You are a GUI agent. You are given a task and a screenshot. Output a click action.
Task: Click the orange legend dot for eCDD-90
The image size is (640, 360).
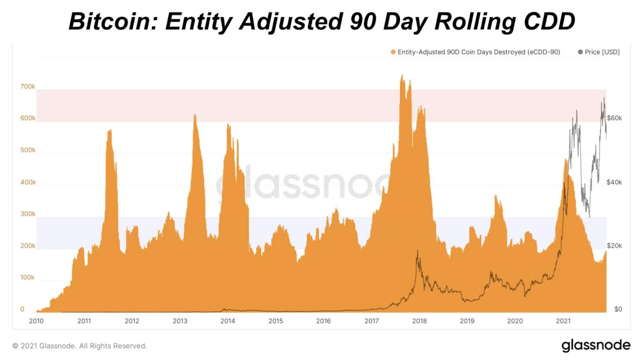(393, 52)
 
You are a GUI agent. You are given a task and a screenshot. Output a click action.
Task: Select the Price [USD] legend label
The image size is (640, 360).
(602, 52)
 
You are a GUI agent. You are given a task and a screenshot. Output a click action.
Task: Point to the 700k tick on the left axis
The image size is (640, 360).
(28, 87)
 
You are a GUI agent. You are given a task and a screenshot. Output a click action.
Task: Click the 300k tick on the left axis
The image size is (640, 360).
(28, 214)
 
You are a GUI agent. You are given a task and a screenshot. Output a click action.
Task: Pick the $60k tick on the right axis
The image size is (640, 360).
(614, 118)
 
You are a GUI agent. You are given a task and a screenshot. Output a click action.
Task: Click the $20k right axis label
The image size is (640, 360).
(614, 246)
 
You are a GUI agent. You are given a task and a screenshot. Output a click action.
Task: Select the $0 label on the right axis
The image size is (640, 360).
(618, 309)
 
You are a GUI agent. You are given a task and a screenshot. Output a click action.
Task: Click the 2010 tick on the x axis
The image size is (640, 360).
(36, 321)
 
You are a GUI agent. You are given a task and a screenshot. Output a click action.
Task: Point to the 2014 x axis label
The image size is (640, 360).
(228, 321)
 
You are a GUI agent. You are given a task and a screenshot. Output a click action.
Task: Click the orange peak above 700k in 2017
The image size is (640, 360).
(402, 76)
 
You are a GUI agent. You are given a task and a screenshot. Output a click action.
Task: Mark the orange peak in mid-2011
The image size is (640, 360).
(110, 131)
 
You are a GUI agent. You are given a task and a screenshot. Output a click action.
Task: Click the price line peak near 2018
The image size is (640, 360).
(417, 251)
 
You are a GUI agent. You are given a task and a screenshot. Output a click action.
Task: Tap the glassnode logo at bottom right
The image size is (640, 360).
(596, 345)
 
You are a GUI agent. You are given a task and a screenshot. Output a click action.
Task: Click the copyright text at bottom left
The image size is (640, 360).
(80, 346)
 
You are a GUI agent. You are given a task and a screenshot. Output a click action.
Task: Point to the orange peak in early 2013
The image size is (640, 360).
(195, 115)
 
